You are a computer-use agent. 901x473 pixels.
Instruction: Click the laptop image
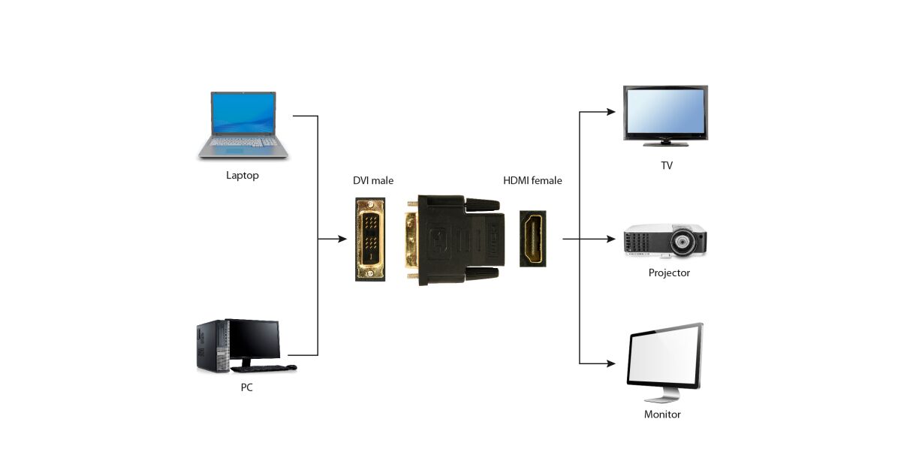point(243,124)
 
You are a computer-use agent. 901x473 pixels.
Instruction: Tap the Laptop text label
point(243,176)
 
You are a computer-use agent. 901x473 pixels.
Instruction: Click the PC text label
point(246,388)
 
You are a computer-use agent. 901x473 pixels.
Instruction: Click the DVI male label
point(373,181)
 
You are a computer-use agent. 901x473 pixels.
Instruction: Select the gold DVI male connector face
point(370,240)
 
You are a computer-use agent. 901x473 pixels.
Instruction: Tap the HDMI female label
point(532,181)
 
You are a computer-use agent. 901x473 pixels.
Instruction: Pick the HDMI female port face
point(533,240)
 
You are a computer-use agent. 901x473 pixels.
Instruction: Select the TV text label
point(666,166)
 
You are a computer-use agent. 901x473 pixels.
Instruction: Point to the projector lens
point(683,243)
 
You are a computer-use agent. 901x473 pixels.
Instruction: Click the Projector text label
point(669,273)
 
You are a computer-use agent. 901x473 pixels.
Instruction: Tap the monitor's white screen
point(664,358)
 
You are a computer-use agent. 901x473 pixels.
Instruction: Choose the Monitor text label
point(662,414)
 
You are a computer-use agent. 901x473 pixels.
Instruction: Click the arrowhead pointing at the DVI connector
point(342,240)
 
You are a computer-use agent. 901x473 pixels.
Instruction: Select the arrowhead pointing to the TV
point(611,113)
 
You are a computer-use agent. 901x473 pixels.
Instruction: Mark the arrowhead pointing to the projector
point(611,240)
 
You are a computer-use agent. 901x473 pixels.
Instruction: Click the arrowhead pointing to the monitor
point(611,363)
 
